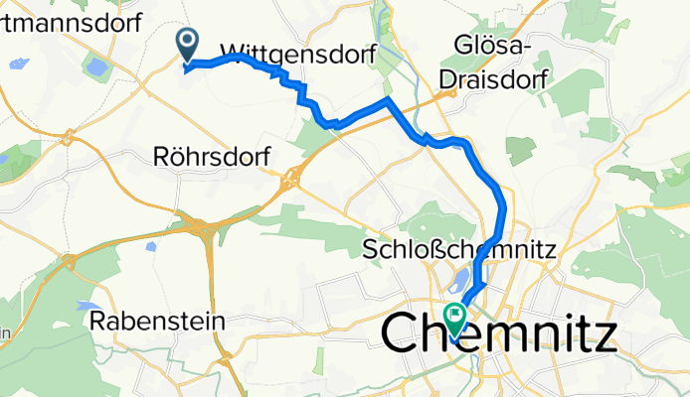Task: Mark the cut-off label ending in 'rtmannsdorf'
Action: (x=70, y=22)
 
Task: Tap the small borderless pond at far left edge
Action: (x=17, y=64)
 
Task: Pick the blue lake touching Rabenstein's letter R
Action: (x=87, y=307)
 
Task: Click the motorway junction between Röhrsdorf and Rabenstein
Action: (x=204, y=228)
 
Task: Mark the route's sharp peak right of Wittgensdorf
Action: (x=387, y=101)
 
